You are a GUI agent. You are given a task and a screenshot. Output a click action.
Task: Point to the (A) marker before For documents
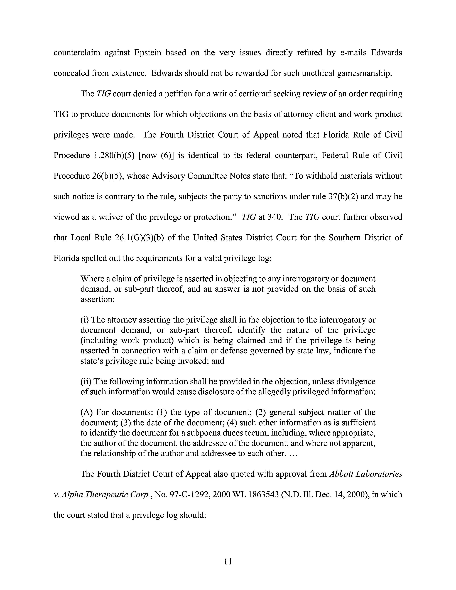pyautogui.click(x=87, y=412)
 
